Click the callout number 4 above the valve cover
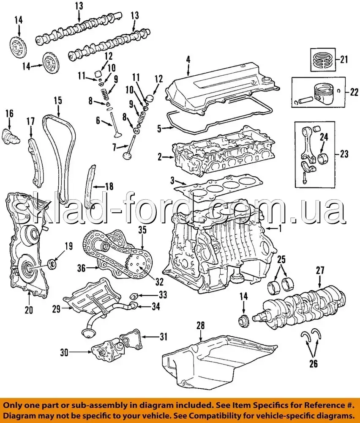[188, 59]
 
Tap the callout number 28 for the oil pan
[200, 325]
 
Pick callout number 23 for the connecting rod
[344, 154]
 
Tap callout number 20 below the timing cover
[28, 310]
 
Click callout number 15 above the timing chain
[57, 101]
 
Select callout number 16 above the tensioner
[9, 113]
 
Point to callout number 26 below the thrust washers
[313, 364]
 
